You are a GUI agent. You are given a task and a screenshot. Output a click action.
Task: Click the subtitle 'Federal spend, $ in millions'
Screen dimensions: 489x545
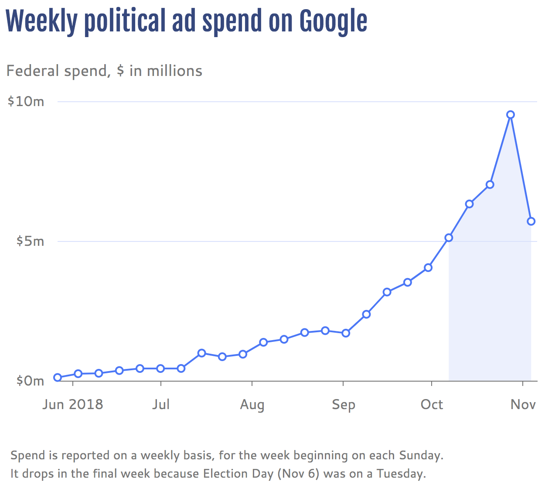tap(104, 71)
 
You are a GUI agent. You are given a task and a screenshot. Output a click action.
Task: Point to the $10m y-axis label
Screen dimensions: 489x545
tap(26, 101)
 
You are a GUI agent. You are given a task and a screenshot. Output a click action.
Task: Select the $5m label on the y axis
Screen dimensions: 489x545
tap(30, 241)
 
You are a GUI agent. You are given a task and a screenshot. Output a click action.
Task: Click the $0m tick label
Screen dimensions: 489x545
tap(30, 381)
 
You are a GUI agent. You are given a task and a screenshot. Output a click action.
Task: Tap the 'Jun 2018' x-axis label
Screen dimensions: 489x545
tap(73, 404)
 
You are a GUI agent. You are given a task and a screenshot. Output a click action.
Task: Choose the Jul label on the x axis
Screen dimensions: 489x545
tap(161, 404)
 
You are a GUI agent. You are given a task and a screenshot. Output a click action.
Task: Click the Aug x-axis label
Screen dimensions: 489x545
tap(252, 404)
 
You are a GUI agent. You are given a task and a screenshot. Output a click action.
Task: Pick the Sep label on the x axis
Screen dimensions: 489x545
tap(344, 404)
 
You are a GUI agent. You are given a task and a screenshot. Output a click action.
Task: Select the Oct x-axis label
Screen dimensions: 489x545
tap(432, 404)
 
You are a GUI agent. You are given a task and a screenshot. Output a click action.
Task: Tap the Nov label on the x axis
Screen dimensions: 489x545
tap(523, 404)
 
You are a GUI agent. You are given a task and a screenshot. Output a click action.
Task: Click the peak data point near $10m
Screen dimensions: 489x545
tap(510, 115)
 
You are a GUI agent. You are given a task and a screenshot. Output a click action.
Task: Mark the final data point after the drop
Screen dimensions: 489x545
tap(531, 221)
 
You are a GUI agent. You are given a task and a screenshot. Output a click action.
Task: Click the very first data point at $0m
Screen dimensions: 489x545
tap(58, 378)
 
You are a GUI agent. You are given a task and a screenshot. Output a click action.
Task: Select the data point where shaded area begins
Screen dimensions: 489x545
tap(449, 238)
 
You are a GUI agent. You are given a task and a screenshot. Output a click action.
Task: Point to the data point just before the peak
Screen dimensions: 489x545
tap(490, 185)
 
